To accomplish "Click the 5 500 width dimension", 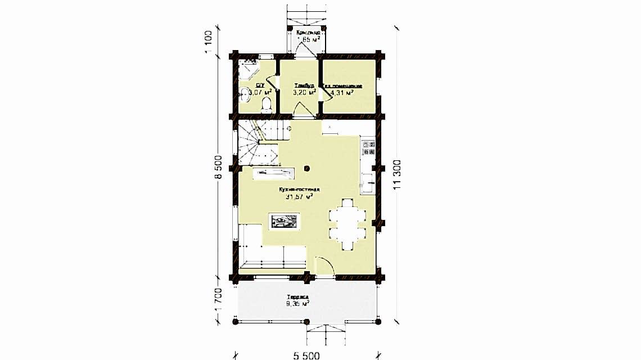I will (x=308, y=355).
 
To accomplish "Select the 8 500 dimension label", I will (x=219, y=167).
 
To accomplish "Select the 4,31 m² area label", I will (x=341, y=93).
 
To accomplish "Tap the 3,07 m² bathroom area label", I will (x=260, y=92).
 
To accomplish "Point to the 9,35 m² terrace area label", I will (x=297, y=303).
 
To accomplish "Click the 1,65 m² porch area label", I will (x=308, y=40).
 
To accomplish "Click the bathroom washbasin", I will (x=243, y=93).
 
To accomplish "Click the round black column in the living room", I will (x=307, y=168).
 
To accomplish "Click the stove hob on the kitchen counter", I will (x=368, y=147).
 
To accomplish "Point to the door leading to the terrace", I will (x=325, y=267).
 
